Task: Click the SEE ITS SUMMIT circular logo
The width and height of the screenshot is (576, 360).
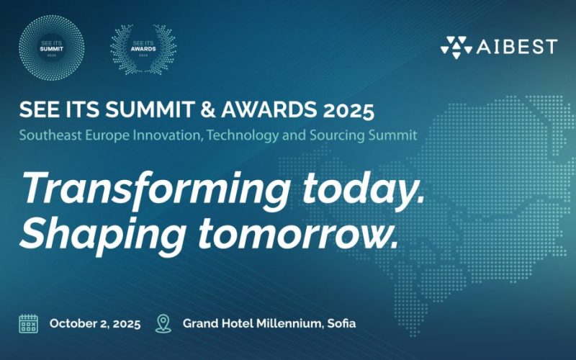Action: point(50,47)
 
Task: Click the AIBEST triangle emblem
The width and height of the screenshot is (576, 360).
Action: point(456,47)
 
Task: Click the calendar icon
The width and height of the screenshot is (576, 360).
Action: point(28,323)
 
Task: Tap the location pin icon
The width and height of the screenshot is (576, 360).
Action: point(163,323)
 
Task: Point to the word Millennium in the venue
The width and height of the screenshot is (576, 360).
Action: point(284,323)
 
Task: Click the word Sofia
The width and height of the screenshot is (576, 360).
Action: point(341,323)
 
